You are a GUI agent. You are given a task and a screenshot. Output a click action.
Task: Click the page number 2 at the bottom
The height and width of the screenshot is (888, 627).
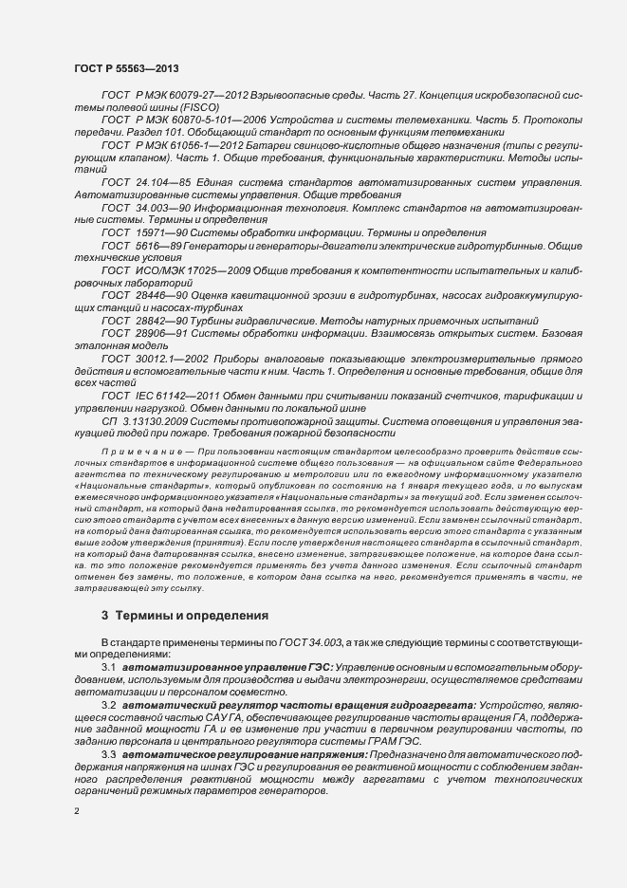(77, 810)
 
